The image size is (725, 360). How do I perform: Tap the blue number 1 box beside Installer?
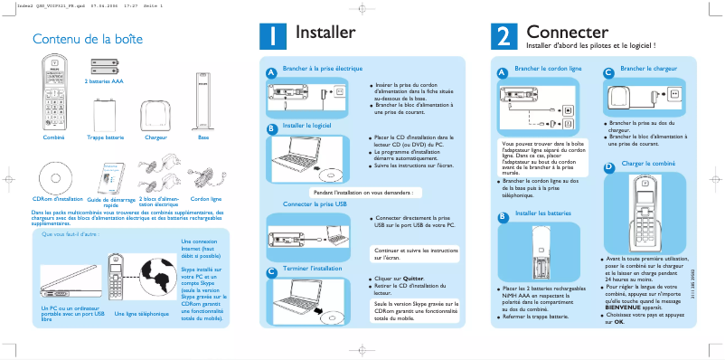272,35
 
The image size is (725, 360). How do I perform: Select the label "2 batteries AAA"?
104,81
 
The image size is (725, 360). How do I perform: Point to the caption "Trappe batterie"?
105,137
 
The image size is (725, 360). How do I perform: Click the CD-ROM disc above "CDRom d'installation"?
57,176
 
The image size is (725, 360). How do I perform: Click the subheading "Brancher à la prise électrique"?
323,69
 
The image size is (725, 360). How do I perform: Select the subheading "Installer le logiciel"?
307,126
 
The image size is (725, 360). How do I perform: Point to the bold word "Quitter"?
413,279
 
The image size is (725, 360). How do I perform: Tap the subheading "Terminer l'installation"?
312,269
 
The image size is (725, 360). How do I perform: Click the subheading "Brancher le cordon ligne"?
547,69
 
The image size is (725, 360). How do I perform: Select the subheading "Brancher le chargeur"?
651,69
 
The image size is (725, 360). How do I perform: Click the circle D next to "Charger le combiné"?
609,166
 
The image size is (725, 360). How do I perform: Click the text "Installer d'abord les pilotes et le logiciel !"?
589,45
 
